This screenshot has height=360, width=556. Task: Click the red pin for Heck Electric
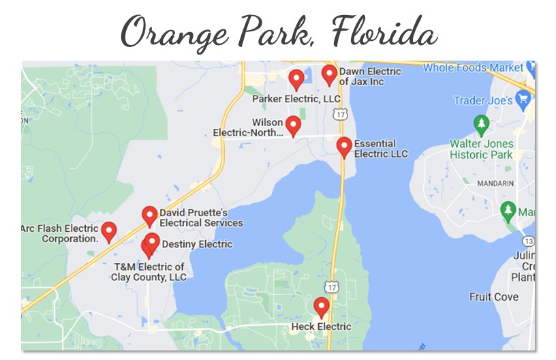(x=321, y=306)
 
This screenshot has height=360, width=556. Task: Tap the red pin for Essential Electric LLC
(x=344, y=146)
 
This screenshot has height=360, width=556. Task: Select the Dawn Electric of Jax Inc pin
(x=329, y=74)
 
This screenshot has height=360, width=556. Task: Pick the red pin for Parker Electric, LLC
(x=296, y=78)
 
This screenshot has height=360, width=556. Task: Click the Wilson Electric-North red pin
(x=293, y=125)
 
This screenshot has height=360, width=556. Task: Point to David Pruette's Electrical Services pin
(x=150, y=215)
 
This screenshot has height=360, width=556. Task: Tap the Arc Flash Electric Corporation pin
(x=109, y=231)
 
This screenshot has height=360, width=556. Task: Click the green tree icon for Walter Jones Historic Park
(x=482, y=125)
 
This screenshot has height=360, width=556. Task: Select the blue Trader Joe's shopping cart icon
(x=523, y=99)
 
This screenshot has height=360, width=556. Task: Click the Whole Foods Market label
(x=473, y=67)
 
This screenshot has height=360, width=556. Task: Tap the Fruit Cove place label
(x=494, y=297)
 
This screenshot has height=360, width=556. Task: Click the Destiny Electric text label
(x=197, y=244)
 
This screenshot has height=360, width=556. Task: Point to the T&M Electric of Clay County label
(x=149, y=272)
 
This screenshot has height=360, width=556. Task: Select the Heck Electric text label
(x=321, y=327)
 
